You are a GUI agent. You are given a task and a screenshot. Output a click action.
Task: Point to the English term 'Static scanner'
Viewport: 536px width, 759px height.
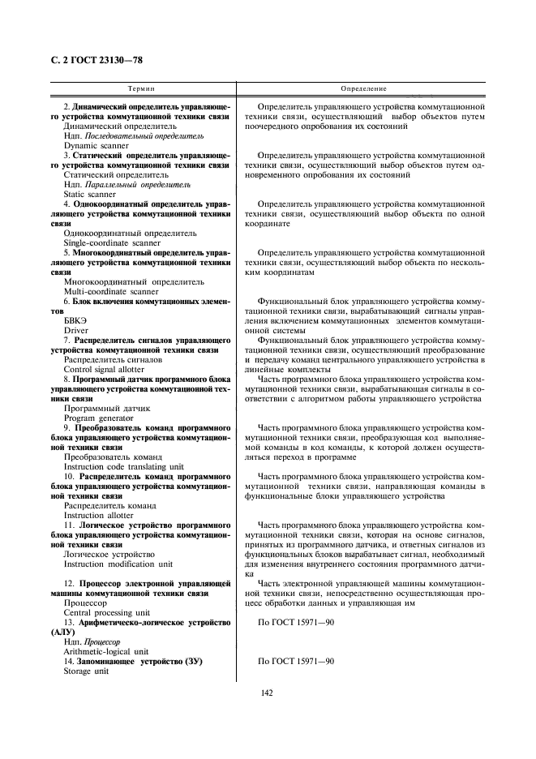point(90,195)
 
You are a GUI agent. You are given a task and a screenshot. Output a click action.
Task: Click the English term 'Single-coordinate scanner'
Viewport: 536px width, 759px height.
point(112,242)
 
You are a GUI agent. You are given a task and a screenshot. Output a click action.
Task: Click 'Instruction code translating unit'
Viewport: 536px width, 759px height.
point(123,466)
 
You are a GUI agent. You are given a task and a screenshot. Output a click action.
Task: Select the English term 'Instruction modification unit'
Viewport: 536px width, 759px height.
point(118,564)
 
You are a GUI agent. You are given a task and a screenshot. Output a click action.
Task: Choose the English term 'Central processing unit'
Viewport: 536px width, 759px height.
point(106,611)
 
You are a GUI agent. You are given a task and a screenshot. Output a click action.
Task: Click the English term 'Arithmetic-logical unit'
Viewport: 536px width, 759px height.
point(106,650)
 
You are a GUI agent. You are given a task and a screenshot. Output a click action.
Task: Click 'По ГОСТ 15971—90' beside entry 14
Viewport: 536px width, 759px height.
point(295,662)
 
